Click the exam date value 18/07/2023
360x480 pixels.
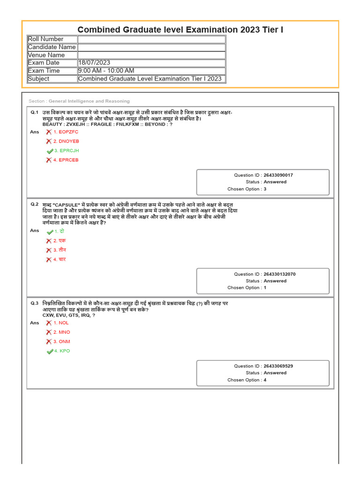pyautogui.click(x=94, y=63)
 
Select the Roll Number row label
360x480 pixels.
pyautogui.click(x=45, y=39)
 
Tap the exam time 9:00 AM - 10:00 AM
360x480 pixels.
pyautogui.click(x=106, y=71)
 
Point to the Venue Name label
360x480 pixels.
pyautogui.click(x=46, y=55)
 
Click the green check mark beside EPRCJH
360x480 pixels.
pyautogui.click(x=50, y=151)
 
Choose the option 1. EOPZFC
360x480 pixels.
pyautogui.click(x=66, y=132)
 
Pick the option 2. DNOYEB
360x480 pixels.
pyautogui.click(x=66, y=141)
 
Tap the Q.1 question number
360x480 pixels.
pyautogui.click(x=35, y=112)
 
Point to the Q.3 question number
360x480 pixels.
pyautogui.click(x=35, y=303)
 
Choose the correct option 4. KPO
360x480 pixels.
pyautogui.click(x=62, y=351)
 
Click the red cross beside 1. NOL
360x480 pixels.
pyautogui.click(x=49, y=323)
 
